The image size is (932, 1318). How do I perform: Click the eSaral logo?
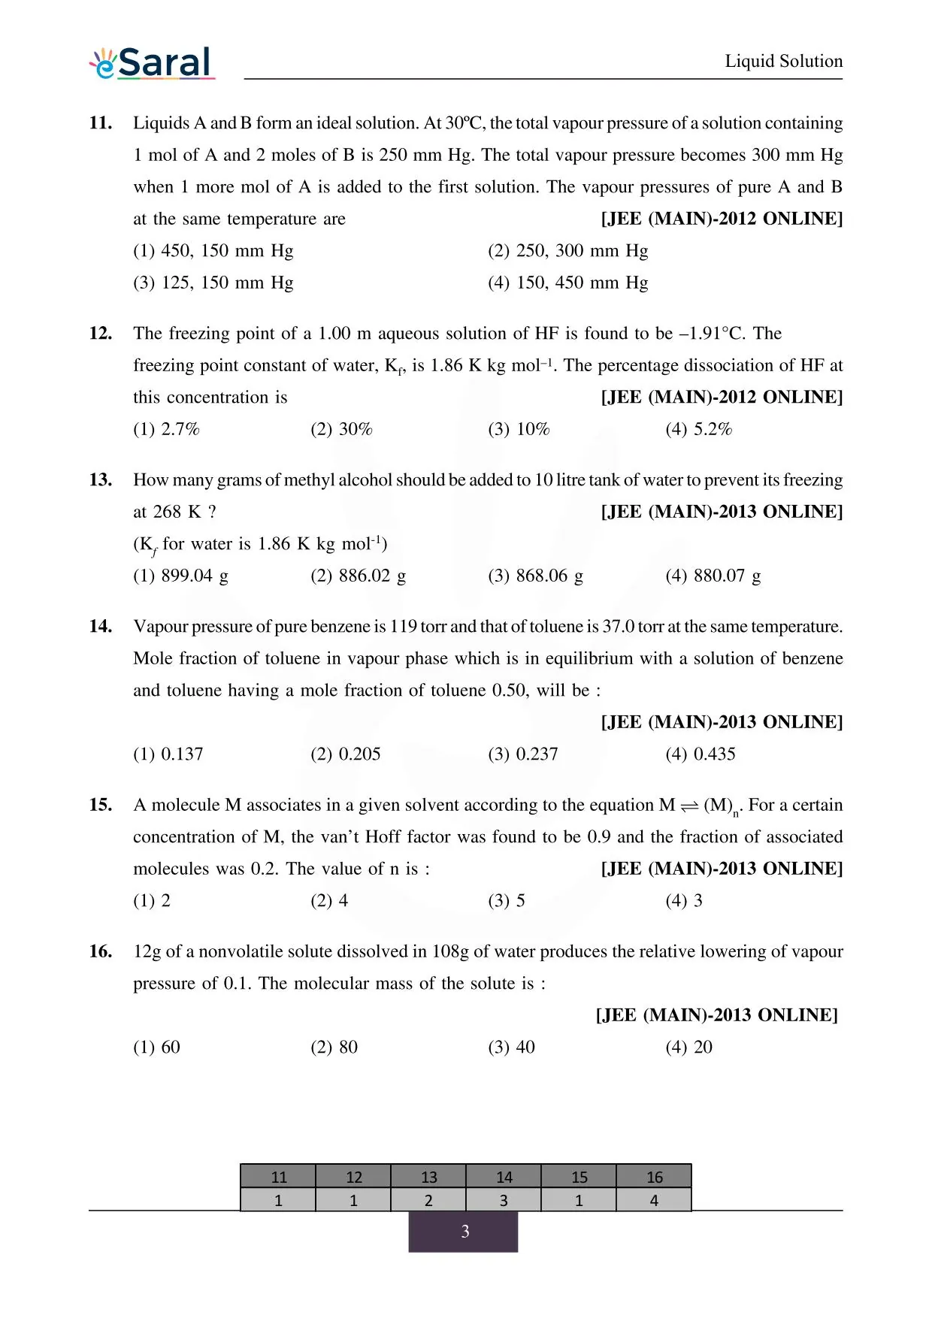point(153,63)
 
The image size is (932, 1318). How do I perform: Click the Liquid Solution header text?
point(783,61)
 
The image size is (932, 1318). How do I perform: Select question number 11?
point(101,123)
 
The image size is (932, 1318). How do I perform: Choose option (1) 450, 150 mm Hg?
point(213,251)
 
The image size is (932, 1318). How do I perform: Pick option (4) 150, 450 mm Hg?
point(567,283)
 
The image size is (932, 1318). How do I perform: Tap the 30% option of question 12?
point(341,429)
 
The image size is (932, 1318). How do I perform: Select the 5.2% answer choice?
point(698,429)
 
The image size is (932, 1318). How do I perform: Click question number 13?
point(101,480)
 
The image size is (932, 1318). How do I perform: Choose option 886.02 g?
point(358,576)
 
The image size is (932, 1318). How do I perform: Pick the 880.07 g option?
point(713,576)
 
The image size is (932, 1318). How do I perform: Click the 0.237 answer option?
point(523,754)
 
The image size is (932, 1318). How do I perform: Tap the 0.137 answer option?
point(168,754)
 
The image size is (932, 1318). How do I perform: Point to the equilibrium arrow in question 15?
point(689,806)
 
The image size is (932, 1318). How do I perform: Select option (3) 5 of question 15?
point(507,900)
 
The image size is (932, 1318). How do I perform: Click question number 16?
point(101,951)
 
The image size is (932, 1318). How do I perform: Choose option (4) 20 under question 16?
point(688,1047)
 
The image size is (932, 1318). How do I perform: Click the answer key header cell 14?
point(504,1177)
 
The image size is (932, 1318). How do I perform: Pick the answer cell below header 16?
point(654,1200)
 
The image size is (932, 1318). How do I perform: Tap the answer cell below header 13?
point(428,1200)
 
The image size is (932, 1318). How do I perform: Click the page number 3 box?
point(464,1232)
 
